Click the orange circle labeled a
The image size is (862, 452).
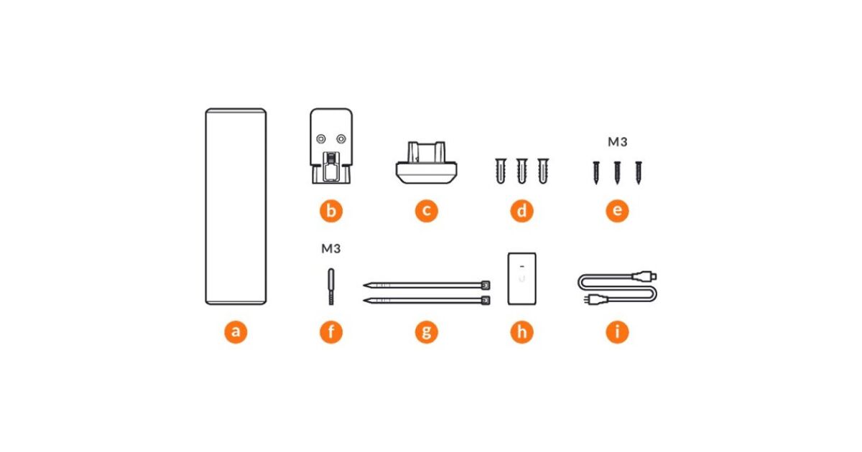click(x=236, y=331)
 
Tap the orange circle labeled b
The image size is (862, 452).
click(x=331, y=211)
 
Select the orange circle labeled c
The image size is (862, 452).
click(x=427, y=211)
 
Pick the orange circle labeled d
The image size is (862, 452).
click(x=522, y=211)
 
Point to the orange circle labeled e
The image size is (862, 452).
click(x=617, y=211)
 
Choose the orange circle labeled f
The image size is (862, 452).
click(x=331, y=331)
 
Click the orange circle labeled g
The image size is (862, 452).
click(x=427, y=331)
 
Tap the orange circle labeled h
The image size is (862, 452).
click(x=522, y=331)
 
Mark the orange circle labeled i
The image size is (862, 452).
click(x=617, y=331)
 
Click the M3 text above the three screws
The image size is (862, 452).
click(x=617, y=142)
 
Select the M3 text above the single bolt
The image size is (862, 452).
click(x=331, y=249)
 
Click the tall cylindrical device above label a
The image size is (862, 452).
click(x=236, y=207)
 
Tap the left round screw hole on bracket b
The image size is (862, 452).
click(x=320, y=138)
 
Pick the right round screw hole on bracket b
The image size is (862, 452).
click(x=341, y=138)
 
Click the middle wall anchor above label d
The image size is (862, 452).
click(x=522, y=171)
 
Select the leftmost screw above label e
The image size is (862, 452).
click(x=596, y=173)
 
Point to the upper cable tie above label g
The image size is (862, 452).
click(x=427, y=286)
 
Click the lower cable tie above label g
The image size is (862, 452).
click(x=427, y=300)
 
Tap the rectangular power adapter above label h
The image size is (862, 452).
click(x=522, y=278)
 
